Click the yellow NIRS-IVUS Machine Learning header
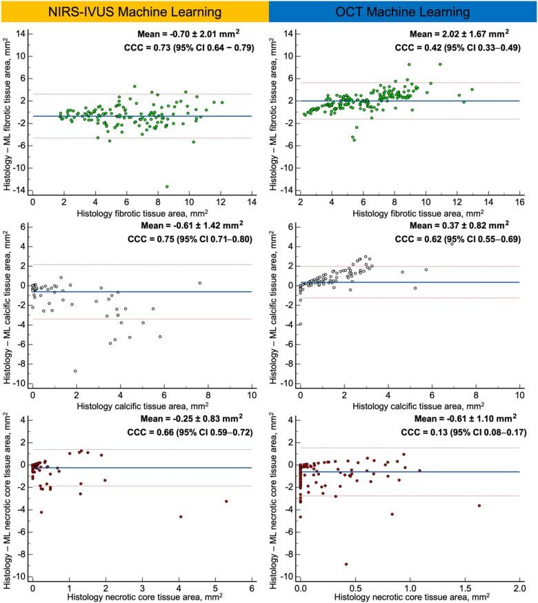pos(134,12)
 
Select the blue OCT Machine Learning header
pos(403,12)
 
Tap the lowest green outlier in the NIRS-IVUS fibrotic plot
pos(167,186)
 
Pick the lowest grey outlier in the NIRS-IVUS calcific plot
pos(75,371)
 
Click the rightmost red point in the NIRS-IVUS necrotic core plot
pos(226,502)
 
